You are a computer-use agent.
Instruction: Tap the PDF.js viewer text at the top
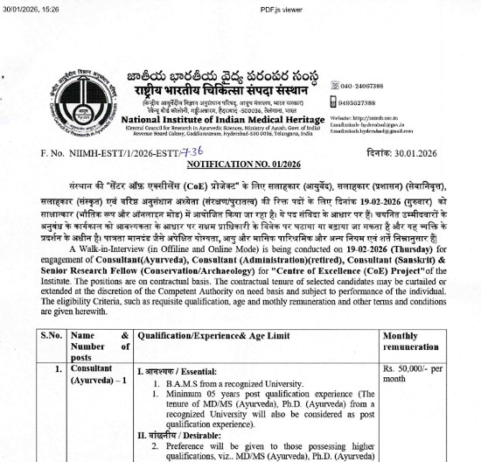[240, 7]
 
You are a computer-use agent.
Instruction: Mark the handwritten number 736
[187, 151]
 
